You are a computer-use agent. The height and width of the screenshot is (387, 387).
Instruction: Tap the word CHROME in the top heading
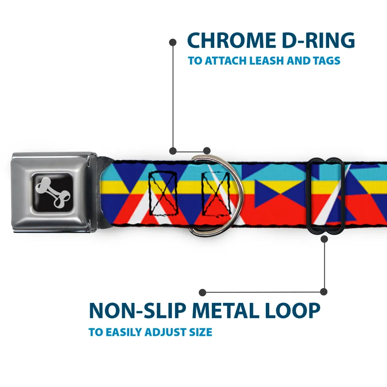(231, 40)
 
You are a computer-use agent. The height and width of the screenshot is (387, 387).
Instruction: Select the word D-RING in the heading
(318, 40)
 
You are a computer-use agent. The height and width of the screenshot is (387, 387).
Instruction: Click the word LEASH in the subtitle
(266, 61)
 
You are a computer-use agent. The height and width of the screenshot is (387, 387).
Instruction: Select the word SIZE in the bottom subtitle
(201, 332)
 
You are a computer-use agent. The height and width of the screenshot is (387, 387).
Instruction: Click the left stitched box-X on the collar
(163, 193)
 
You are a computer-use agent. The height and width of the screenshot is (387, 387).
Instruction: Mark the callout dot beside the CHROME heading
(173, 43)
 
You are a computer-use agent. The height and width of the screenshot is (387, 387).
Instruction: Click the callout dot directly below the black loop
(324, 239)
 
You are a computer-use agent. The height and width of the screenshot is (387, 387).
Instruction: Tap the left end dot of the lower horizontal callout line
(202, 293)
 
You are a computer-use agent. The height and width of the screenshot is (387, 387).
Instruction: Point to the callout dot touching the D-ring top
(207, 151)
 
